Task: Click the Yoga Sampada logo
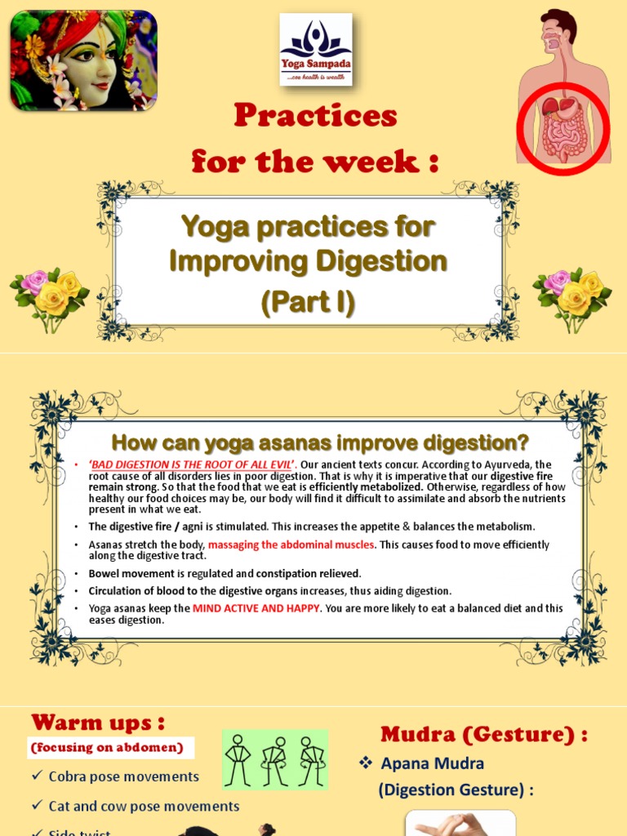click(x=316, y=50)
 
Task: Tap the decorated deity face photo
click(x=83, y=60)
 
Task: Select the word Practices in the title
click(x=315, y=116)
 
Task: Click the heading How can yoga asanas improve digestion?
click(x=320, y=442)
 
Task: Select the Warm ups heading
click(x=98, y=723)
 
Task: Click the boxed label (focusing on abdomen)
click(x=106, y=747)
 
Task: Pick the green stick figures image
click(x=275, y=760)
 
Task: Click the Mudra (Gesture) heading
click(x=484, y=735)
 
